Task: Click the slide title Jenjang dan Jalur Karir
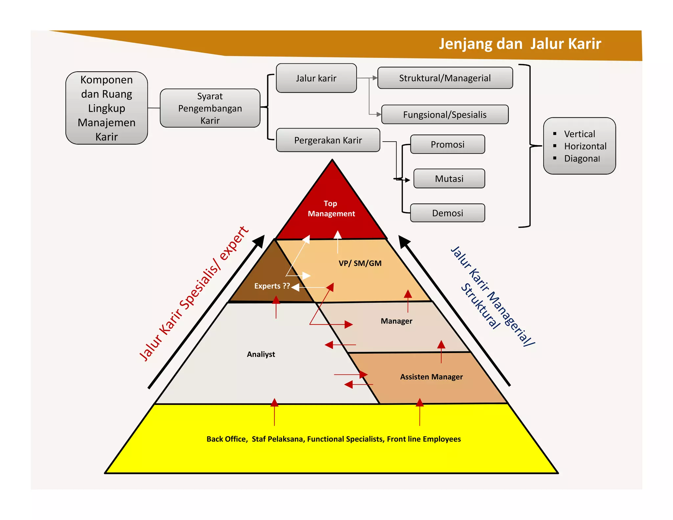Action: (x=520, y=44)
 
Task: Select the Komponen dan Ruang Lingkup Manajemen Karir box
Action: (x=106, y=108)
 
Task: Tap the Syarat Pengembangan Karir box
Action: (x=210, y=108)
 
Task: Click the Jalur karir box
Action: (x=316, y=78)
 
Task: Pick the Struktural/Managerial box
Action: (x=445, y=78)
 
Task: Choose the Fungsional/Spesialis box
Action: (x=445, y=115)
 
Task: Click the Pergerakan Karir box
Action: (x=328, y=140)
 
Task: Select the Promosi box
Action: (x=448, y=145)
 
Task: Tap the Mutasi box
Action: (x=449, y=179)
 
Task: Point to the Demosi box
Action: (x=448, y=213)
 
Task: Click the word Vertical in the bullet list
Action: (x=579, y=134)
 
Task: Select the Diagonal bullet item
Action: (x=582, y=159)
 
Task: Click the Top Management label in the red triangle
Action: (x=331, y=208)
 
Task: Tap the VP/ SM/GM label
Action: (x=360, y=263)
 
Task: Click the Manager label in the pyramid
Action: (x=396, y=321)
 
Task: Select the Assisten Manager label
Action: (x=431, y=377)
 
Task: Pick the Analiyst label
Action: (x=261, y=354)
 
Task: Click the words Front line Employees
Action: (x=424, y=439)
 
